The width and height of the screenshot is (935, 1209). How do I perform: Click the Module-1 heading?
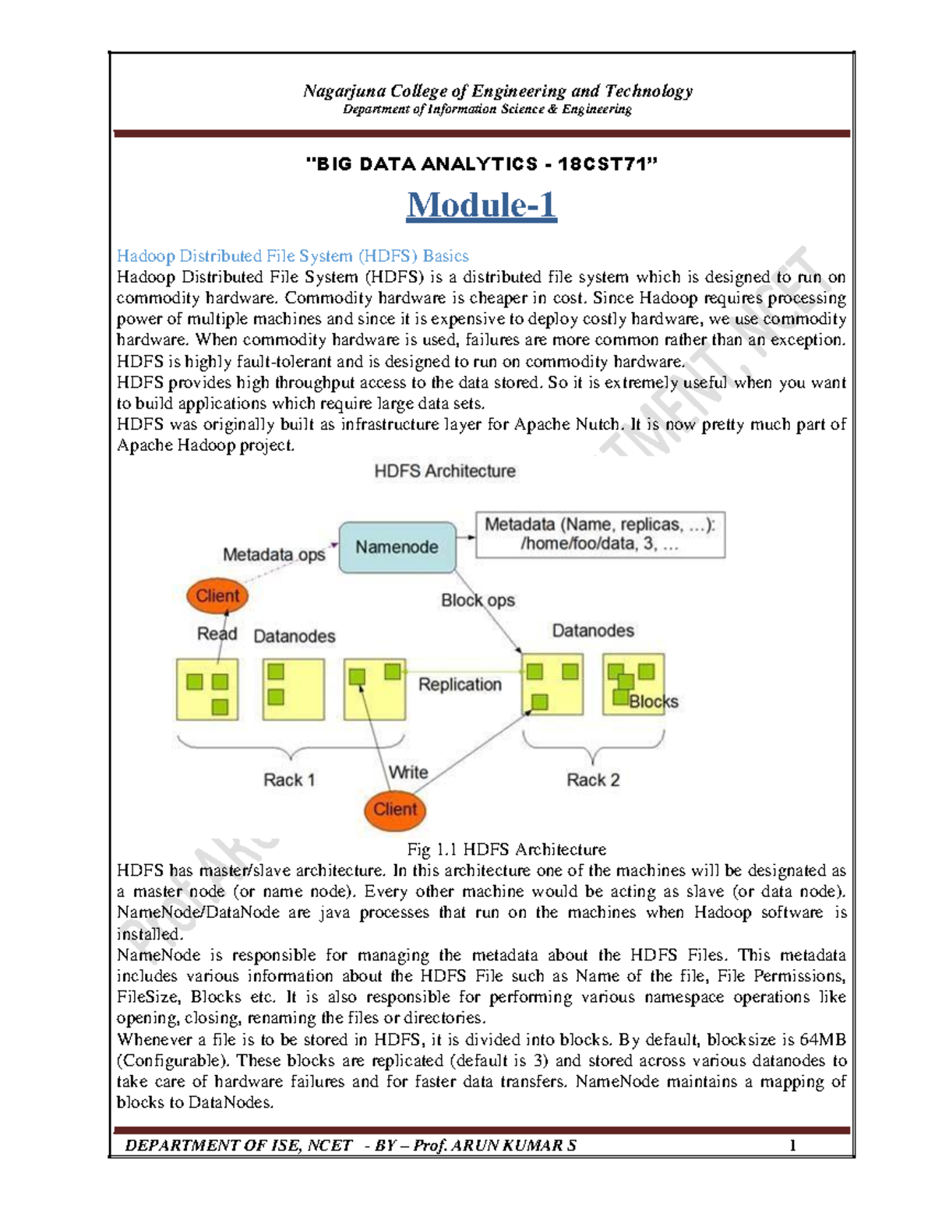482,206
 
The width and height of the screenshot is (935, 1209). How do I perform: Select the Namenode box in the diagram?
397,547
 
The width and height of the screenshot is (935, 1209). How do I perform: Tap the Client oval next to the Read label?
217,596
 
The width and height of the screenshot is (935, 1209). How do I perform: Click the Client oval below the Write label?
395,809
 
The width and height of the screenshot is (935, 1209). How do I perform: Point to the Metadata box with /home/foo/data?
600,534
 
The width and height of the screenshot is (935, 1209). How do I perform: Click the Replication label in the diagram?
460,684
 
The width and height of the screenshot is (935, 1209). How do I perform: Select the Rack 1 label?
289,780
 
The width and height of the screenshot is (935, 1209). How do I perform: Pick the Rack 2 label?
593,780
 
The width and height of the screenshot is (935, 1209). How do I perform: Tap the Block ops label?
478,600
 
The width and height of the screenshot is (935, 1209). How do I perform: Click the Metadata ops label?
273,554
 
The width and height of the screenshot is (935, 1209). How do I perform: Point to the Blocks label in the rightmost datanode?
654,701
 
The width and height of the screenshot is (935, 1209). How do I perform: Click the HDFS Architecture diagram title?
445,471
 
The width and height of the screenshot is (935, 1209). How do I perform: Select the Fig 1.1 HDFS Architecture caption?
506,849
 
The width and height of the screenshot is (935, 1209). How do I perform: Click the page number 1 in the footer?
792,1145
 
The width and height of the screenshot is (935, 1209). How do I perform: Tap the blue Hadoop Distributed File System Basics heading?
292,256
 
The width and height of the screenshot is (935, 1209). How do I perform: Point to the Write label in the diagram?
408,771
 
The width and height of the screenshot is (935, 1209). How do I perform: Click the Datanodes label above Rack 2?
593,631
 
